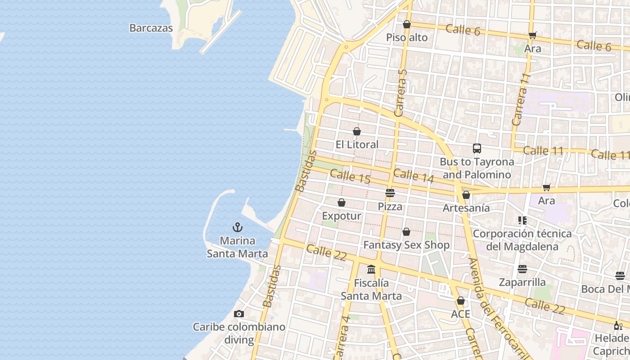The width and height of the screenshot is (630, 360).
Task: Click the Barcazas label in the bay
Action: click(151, 28)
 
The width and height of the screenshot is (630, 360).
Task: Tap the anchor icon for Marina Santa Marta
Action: click(238, 227)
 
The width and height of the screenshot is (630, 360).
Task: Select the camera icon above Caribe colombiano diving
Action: click(239, 314)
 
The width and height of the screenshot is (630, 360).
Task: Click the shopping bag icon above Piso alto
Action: click(407, 24)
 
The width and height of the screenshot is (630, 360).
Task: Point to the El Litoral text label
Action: click(357, 144)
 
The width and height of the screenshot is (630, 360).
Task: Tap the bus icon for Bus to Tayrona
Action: click(477, 148)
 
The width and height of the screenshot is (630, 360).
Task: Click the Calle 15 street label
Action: click(350, 176)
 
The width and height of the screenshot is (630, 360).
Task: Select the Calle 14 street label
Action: click(414, 175)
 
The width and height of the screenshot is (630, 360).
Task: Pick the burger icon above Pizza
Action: click(390, 193)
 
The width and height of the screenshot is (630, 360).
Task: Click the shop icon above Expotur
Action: click(342, 202)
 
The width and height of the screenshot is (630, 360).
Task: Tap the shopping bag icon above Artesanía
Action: click(466, 195)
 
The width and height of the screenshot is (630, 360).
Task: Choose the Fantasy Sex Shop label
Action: click(406, 245)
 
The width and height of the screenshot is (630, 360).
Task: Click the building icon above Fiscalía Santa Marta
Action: click(371, 269)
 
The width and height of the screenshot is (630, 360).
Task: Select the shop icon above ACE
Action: click(461, 301)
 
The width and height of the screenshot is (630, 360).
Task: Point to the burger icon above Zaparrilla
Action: click(522, 269)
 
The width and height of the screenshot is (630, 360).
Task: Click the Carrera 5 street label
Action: click(400, 93)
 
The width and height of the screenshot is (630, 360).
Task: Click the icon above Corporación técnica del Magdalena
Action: click(522, 220)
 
